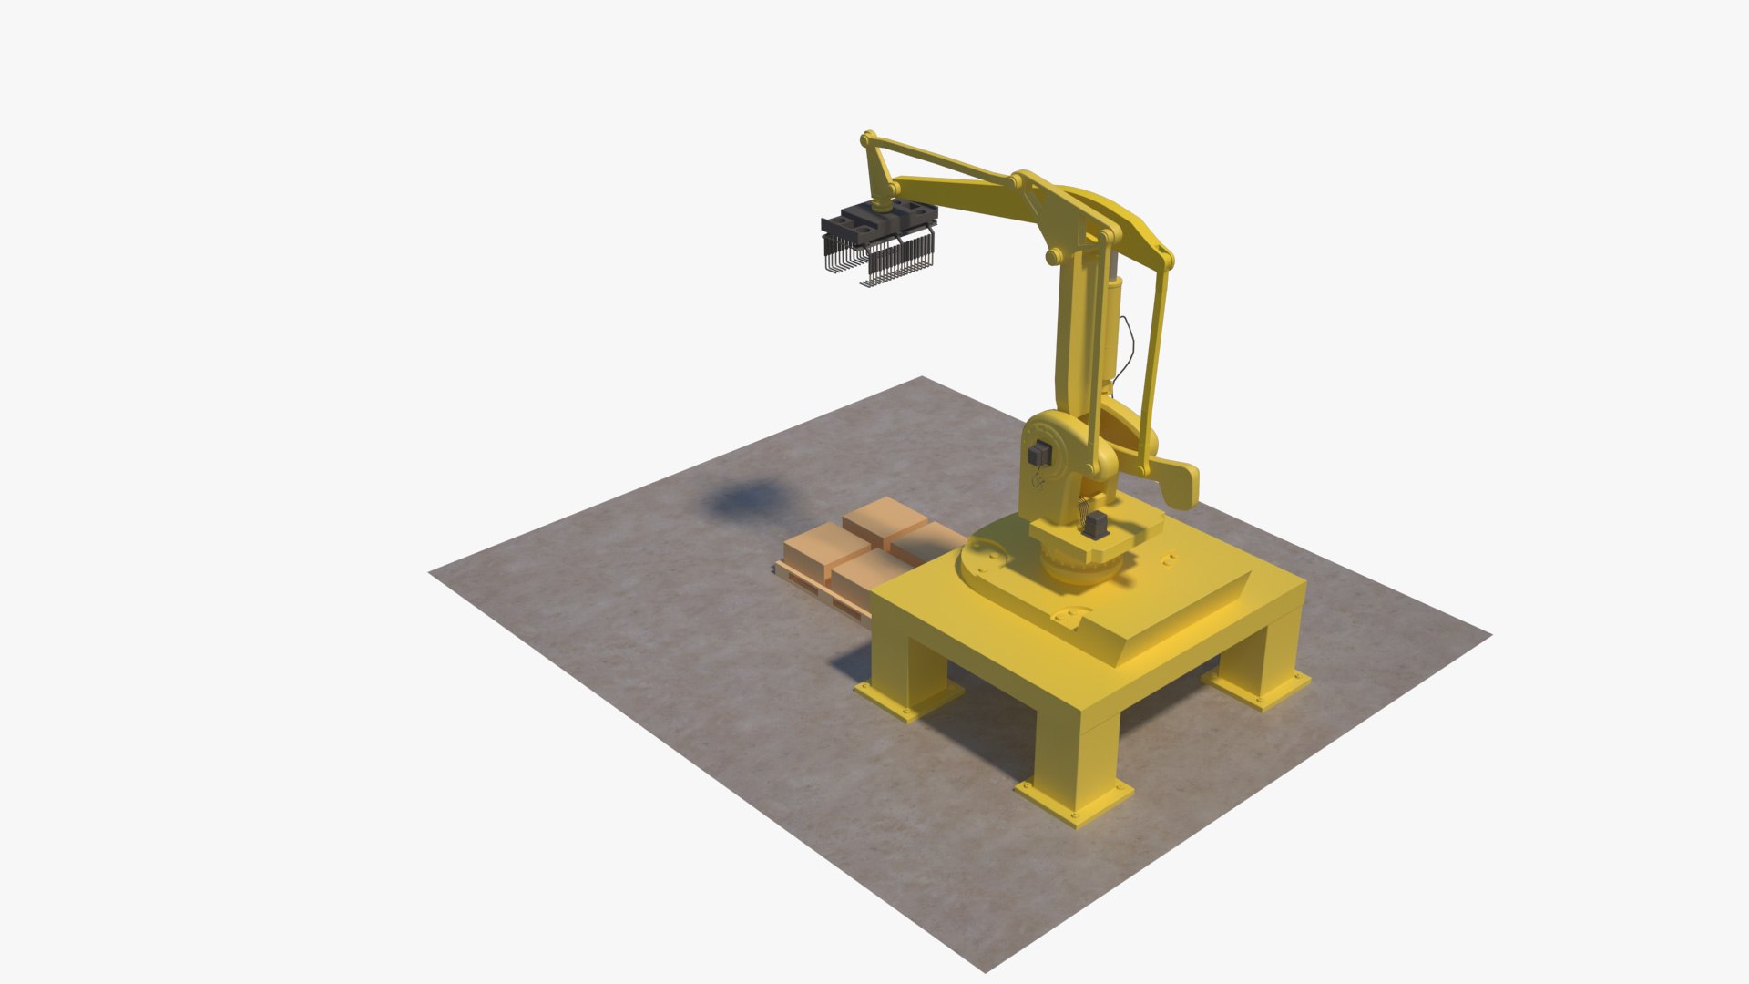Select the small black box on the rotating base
[x=1097, y=526]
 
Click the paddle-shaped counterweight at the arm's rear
[x=1181, y=482]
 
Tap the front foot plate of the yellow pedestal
[x=1073, y=802]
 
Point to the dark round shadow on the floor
[x=744, y=500]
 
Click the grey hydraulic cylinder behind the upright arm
[x=1115, y=310]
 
